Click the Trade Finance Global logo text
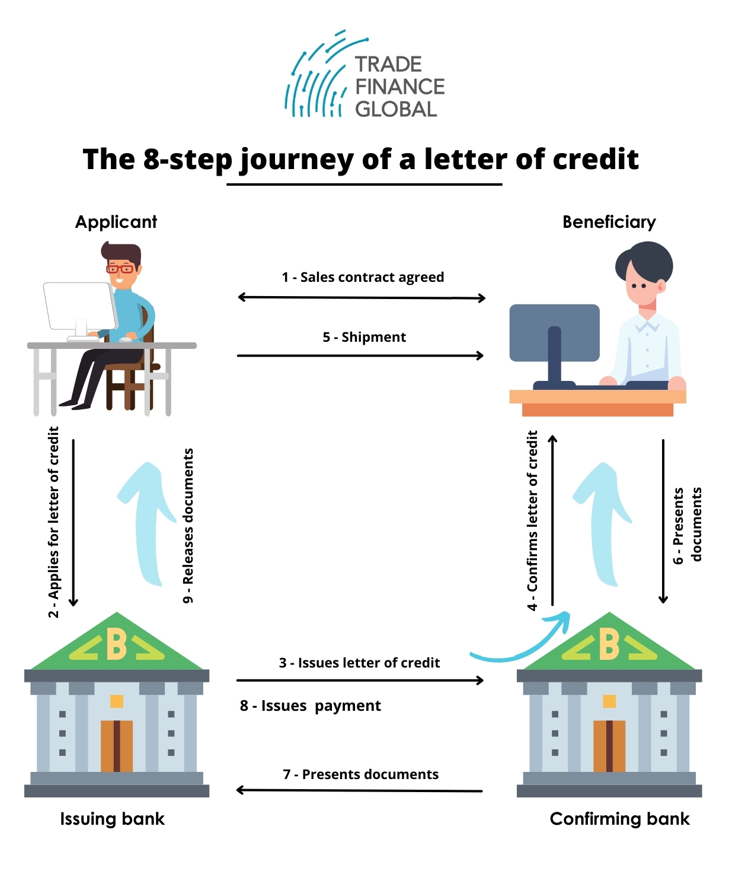click(x=399, y=87)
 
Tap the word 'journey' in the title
click(x=296, y=160)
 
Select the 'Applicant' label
click(x=116, y=222)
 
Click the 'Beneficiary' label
click(x=609, y=222)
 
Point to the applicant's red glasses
click(x=120, y=268)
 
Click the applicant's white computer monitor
click(x=79, y=306)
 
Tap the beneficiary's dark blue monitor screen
click(x=554, y=332)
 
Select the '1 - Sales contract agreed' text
click(x=363, y=277)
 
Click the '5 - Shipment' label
click(x=364, y=337)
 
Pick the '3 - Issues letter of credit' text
click(x=359, y=663)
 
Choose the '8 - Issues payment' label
click(x=310, y=705)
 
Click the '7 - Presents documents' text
click(x=360, y=774)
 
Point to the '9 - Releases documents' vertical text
click(x=188, y=526)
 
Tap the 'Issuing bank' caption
click(x=112, y=819)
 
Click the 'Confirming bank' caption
click(x=619, y=819)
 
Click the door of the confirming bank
click(x=609, y=746)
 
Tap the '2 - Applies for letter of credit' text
click(x=54, y=522)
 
